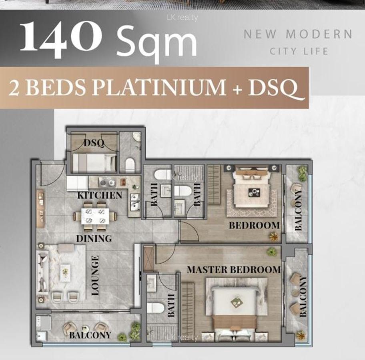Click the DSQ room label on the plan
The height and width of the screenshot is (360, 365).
tap(94, 143)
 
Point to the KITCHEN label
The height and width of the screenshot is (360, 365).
tap(100, 195)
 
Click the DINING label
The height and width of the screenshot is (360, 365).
tap(94, 239)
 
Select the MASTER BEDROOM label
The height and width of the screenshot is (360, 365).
tap(234, 270)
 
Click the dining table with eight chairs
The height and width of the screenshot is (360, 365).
tap(95, 216)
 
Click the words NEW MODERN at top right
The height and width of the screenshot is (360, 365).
tap(298, 34)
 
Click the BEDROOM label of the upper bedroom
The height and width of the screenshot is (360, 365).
tap(254, 225)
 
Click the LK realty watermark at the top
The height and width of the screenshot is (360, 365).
tap(182, 17)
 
